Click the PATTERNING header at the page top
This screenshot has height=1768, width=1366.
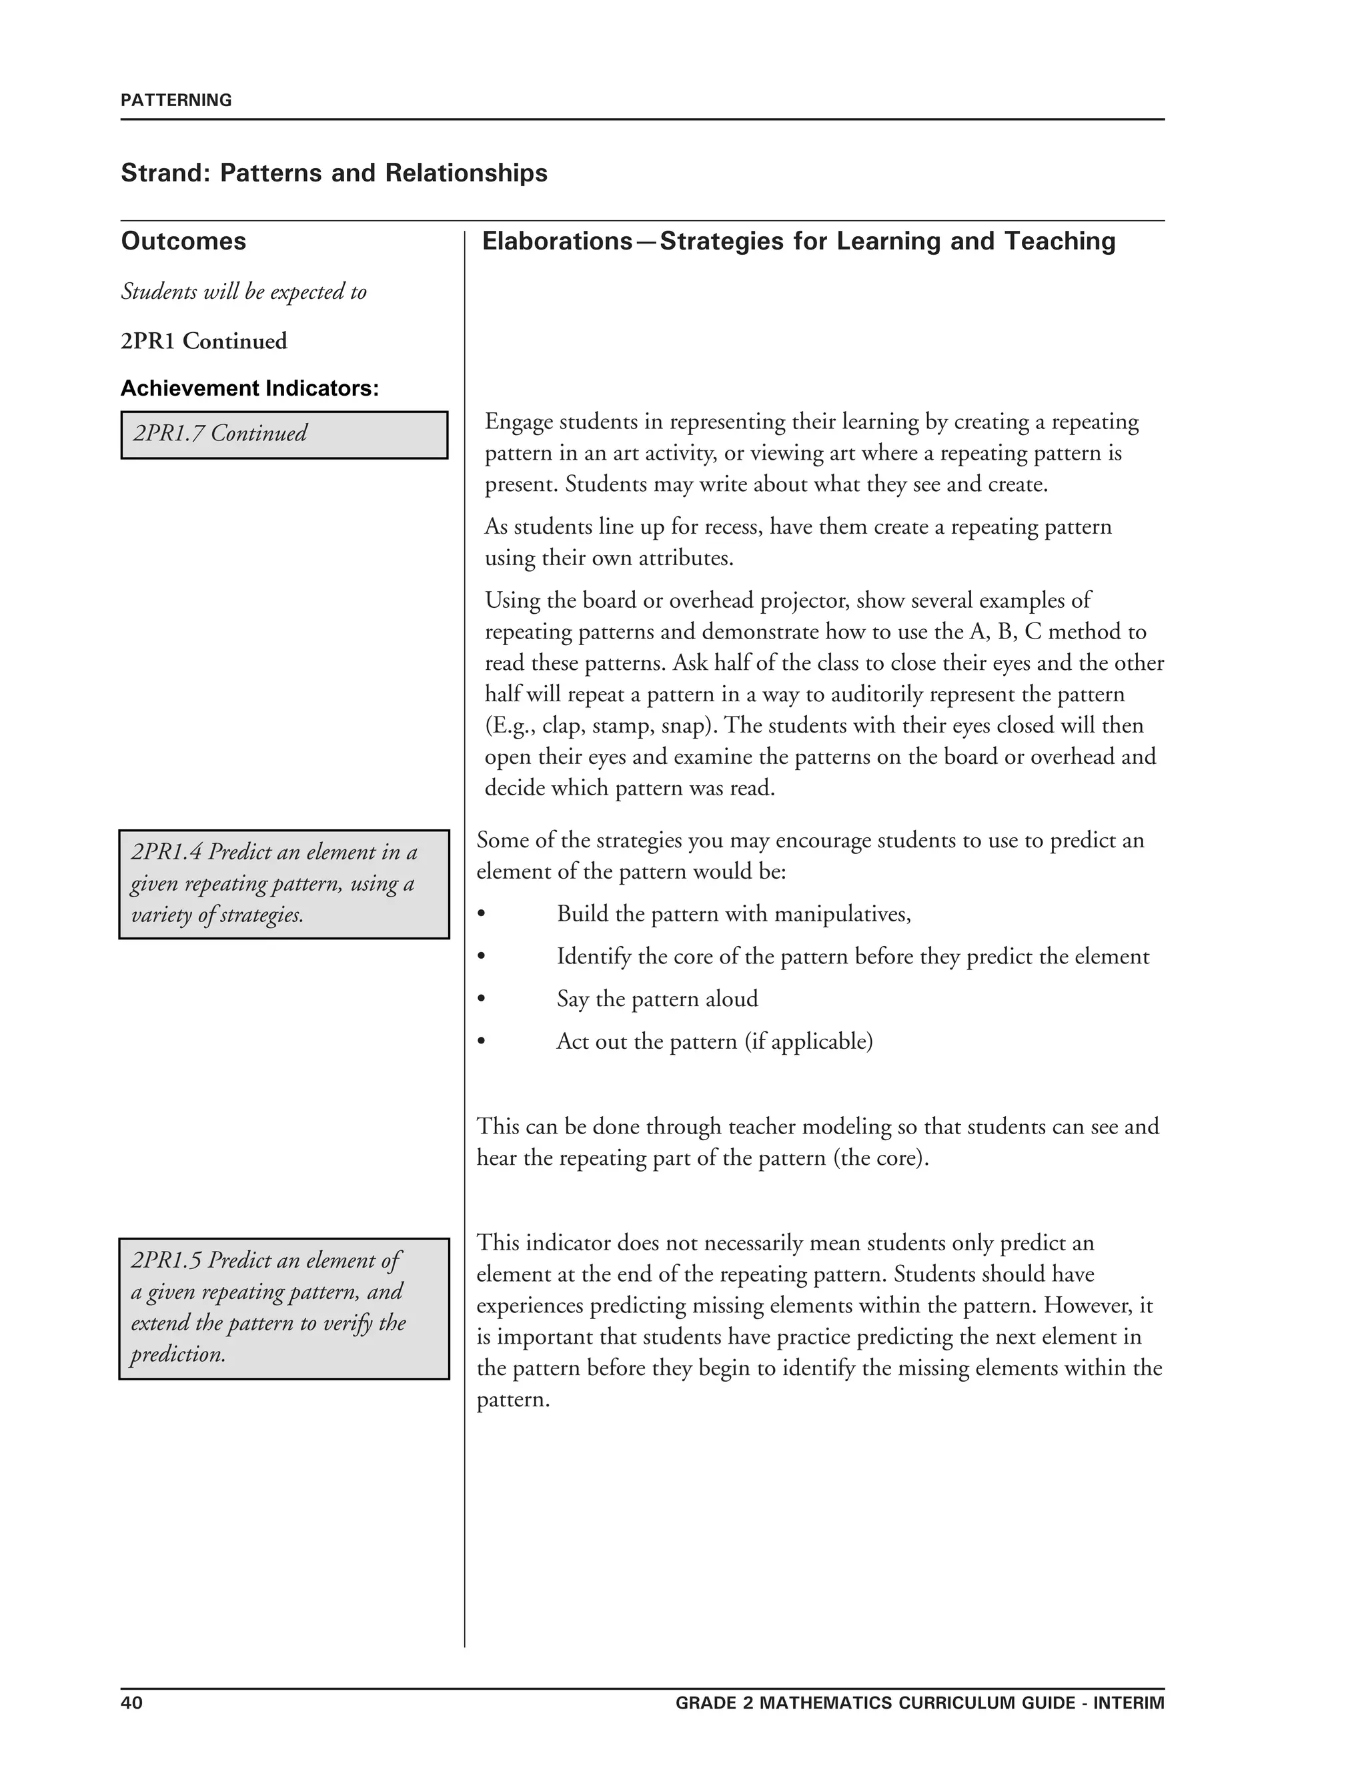175,100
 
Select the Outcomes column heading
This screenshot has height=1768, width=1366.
183,242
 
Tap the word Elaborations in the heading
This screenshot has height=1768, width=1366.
557,242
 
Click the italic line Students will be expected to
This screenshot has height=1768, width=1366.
243,292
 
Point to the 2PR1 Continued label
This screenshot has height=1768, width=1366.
204,341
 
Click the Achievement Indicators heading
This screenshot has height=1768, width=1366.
249,388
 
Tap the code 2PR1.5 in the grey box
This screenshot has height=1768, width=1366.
166,1260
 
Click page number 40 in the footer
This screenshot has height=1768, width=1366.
132,1703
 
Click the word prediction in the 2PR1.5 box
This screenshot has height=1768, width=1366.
177,1354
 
